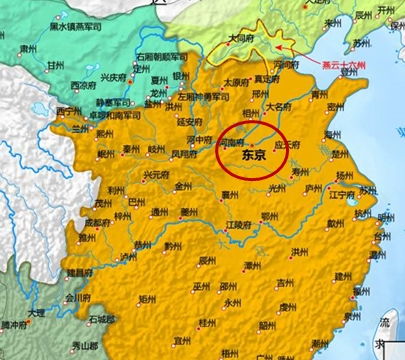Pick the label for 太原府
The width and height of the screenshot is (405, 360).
point(234,83)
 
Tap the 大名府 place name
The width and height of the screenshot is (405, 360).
point(279,103)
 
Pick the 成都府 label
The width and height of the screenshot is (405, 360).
point(97,222)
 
